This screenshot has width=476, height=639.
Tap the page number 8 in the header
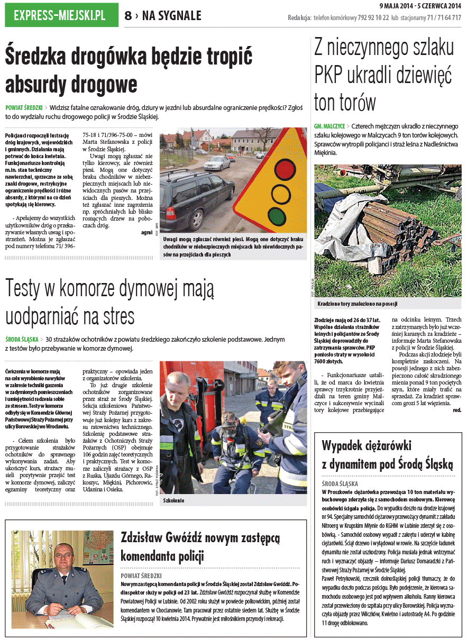coord(128,16)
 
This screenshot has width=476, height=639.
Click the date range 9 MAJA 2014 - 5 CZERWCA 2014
coord(420,6)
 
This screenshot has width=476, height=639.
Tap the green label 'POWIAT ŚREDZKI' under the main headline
coord(24,107)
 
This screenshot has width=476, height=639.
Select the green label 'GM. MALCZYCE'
coord(329,127)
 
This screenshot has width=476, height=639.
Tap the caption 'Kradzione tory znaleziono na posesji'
coord(358,304)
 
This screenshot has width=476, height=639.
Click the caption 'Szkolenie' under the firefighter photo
coord(174,500)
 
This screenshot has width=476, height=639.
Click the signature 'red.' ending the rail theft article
coord(456,410)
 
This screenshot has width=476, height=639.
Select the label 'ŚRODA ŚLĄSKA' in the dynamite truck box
coord(340,483)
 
